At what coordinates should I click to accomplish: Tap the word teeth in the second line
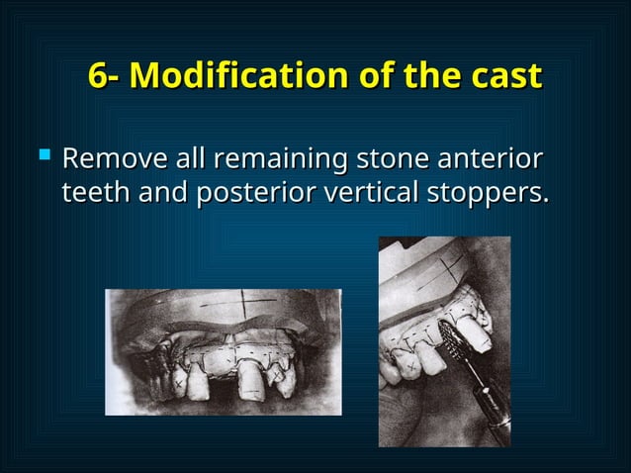(x=92, y=193)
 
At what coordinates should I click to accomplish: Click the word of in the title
(x=377, y=75)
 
